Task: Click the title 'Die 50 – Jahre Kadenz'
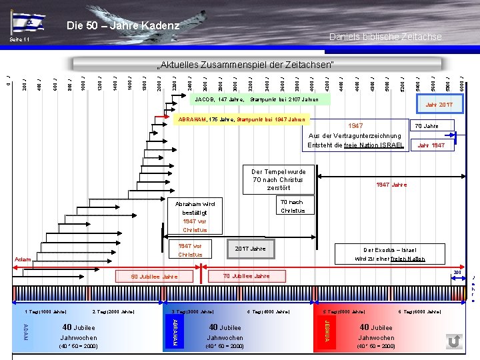click(123, 26)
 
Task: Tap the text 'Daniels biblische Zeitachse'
click(385, 37)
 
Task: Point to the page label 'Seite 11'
click(19, 41)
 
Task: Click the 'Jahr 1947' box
click(431, 145)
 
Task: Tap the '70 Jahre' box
click(426, 125)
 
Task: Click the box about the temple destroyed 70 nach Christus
click(279, 180)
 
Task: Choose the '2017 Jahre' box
click(250, 249)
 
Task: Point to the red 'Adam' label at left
click(23, 259)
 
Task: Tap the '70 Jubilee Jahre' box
click(246, 275)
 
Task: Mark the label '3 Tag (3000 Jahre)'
click(193, 311)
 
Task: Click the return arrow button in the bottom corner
click(454, 341)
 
